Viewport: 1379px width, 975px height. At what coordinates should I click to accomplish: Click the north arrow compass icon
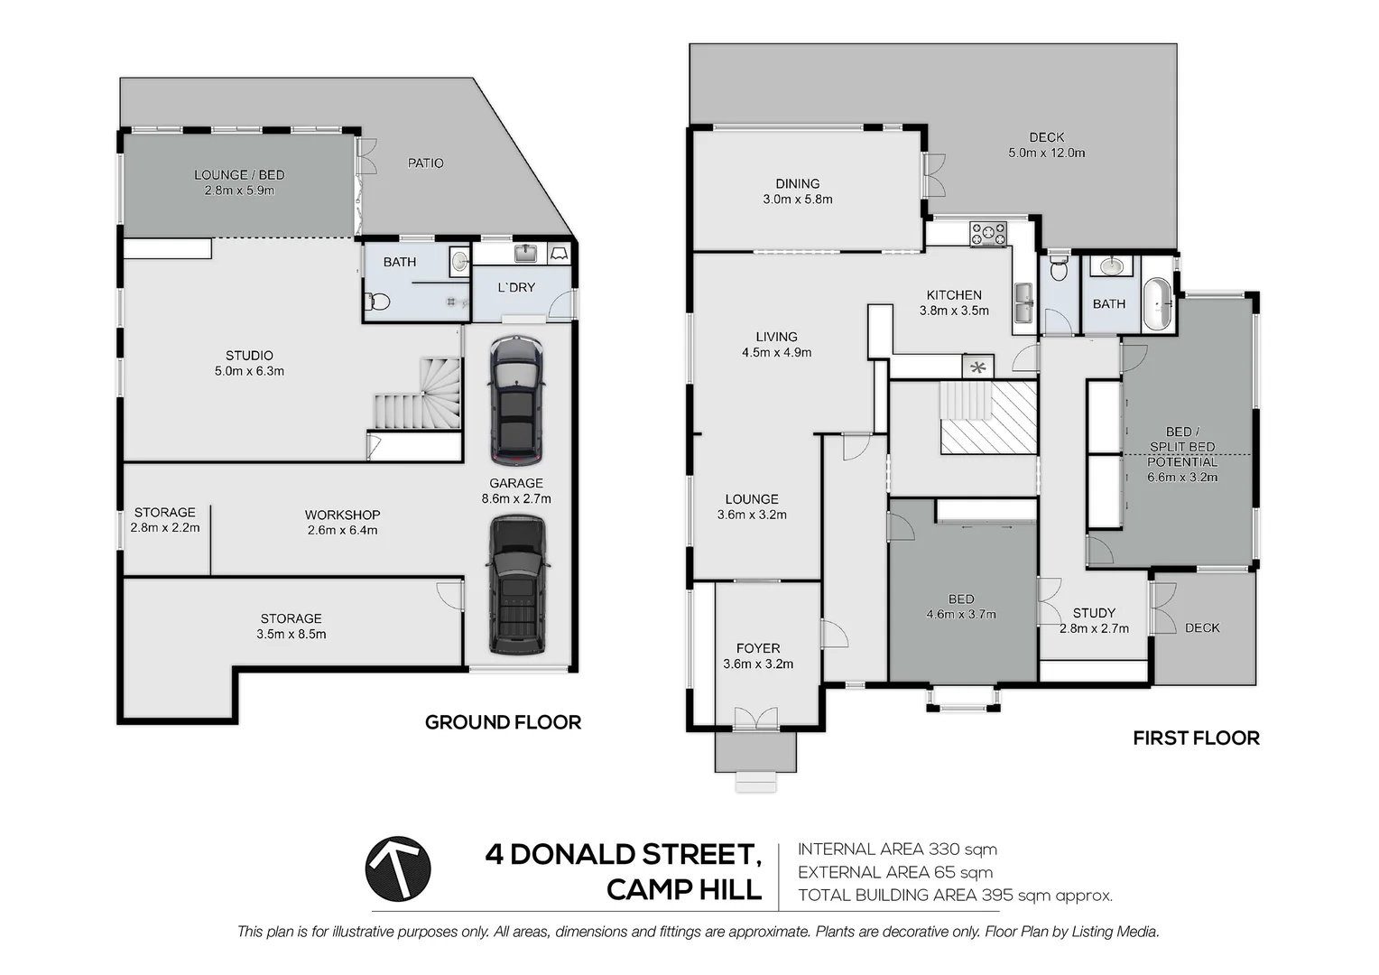pyautogui.click(x=398, y=868)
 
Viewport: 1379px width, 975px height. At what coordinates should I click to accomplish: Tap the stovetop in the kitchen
pyautogui.click(x=988, y=234)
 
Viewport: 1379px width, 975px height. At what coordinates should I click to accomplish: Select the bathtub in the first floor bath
pyautogui.click(x=1157, y=304)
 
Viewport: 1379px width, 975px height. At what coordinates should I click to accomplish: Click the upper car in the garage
pyautogui.click(x=517, y=399)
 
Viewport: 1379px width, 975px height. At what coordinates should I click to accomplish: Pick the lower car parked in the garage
pyautogui.click(x=517, y=584)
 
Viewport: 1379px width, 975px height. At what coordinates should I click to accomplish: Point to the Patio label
pyautogui.click(x=425, y=163)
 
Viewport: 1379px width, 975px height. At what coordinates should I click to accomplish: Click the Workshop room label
pyautogui.click(x=342, y=515)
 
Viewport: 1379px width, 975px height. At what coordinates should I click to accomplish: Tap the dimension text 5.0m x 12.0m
pyautogui.click(x=1047, y=153)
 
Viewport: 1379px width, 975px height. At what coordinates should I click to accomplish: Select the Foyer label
pyautogui.click(x=758, y=648)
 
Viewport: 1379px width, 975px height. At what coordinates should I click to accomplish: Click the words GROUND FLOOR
pyautogui.click(x=503, y=722)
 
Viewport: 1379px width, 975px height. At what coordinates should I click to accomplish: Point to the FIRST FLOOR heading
pyautogui.click(x=1196, y=738)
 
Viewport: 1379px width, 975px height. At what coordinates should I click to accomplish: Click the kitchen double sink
pyautogui.click(x=1023, y=302)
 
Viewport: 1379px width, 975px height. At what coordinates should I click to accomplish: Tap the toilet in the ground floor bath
pyautogui.click(x=377, y=302)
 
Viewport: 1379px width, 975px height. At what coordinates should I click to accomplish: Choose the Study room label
pyautogui.click(x=1094, y=613)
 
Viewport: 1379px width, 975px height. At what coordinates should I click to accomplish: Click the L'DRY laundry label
pyautogui.click(x=516, y=287)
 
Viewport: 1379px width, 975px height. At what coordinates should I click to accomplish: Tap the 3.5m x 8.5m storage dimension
pyautogui.click(x=292, y=634)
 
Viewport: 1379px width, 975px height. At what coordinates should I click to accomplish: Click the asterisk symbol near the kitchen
pyautogui.click(x=977, y=367)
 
